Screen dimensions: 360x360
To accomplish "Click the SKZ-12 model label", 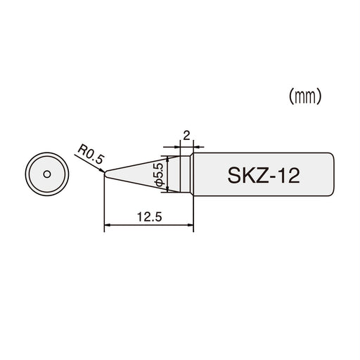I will pos(264,174).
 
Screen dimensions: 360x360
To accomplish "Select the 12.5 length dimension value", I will pos(149,218).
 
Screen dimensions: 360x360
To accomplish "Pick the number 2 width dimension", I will pos(186,134).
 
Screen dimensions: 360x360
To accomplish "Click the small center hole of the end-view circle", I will pos(46,173).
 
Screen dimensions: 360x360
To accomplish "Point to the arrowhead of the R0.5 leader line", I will pos(103,169).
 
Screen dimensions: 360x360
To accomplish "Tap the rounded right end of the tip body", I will pos(331,174).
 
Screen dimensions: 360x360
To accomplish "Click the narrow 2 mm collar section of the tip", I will pos(186,174).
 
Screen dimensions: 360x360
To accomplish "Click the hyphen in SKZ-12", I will pos(273,175).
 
